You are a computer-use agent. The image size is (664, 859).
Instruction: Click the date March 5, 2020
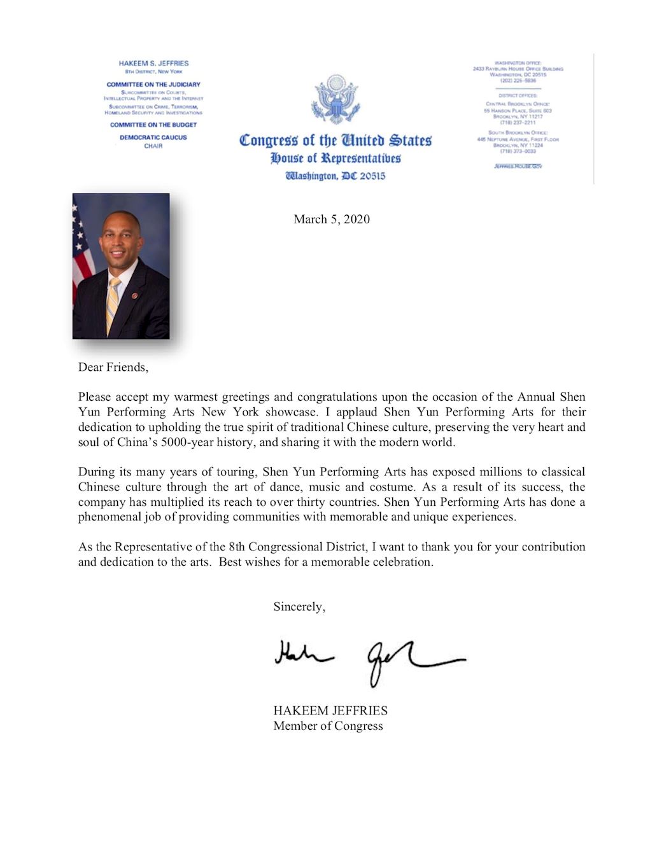[331, 220]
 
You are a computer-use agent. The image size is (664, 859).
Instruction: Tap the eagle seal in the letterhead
[335, 100]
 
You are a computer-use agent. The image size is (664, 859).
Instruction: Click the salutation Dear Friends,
[113, 367]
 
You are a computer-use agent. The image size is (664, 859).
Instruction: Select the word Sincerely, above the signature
[299, 606]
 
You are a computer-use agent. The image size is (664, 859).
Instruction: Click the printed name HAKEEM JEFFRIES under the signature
[330, 711]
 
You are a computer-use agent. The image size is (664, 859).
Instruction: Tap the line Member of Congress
[328, 726]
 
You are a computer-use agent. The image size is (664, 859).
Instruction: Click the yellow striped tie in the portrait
[113, 304]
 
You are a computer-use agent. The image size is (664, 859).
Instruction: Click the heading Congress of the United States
[335, 141]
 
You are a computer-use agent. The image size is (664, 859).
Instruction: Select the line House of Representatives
[336, 158]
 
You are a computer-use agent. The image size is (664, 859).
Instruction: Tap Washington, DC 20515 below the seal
[335, 176]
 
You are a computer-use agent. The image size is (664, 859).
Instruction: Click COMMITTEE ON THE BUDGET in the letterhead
[153, 125]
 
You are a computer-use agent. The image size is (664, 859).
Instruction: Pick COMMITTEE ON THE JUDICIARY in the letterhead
[153, 84]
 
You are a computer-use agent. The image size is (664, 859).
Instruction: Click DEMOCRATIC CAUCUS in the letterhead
[153, 137]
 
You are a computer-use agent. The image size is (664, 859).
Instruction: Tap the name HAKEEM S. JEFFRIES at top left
[153, 64]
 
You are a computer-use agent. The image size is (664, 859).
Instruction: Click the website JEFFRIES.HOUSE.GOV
[518, 166]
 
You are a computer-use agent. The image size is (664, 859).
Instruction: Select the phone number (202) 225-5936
[518, 81]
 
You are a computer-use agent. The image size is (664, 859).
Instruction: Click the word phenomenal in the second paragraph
[106, 517]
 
